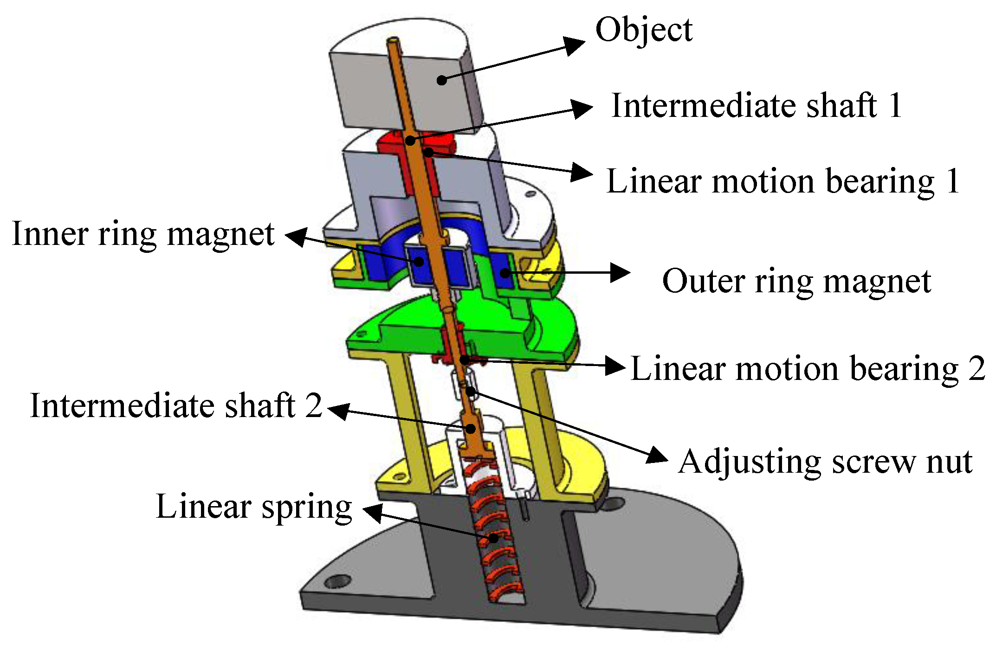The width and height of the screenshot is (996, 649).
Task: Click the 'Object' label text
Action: point(644,31)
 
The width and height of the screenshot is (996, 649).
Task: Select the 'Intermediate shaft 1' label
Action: point(757,106)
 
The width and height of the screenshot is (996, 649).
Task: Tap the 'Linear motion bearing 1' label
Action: point(783,181)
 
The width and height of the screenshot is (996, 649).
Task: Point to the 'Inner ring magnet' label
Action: point(143,234)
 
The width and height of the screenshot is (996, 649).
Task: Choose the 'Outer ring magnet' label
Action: point(796,281)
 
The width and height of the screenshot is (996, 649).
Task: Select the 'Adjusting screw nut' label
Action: point(825,462)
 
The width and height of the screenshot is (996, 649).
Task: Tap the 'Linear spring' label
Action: point(254,507)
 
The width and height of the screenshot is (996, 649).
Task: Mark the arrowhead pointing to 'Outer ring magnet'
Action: point(620,273)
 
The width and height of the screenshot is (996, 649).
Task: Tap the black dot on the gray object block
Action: point(442,80)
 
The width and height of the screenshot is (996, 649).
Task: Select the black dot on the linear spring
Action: point(493,538)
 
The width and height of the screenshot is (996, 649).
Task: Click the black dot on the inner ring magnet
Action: point(419,261)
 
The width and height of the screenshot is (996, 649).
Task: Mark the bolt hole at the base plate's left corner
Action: point(338,581)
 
